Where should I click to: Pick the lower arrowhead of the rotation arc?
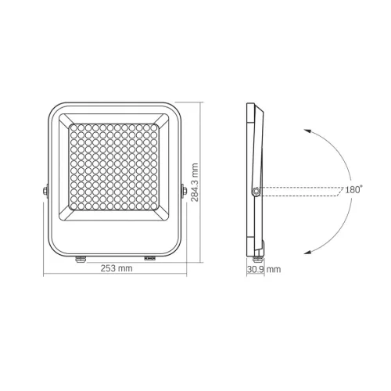coord(307,250)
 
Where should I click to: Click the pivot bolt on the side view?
coord(256,189)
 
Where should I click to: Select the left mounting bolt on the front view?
coord(45,189)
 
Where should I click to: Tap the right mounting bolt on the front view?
coord(183,189)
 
